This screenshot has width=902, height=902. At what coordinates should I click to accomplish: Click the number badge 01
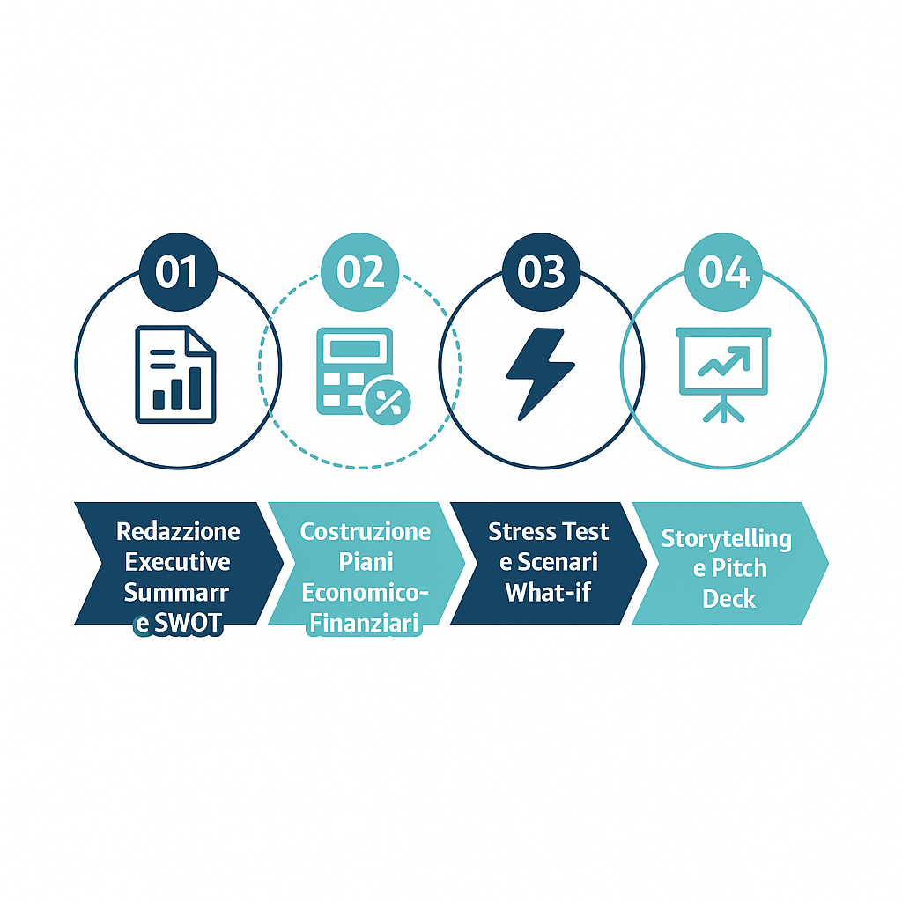(x=178, y=272)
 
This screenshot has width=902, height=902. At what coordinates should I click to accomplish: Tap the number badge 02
(x=360, y=272)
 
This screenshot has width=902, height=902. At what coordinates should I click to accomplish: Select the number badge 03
(x=542, y=272)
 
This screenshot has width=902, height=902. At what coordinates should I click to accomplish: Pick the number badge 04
(x=724, y=272)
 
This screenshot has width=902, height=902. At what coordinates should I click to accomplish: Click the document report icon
(x=175, y=374)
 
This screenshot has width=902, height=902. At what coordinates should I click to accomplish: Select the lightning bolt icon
(x=540, y=373)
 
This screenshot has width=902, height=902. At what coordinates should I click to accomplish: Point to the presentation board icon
(x=724, y=375)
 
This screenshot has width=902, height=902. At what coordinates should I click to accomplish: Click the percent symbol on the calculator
(x=388, y=402)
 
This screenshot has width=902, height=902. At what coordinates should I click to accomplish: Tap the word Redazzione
(x=178, y=531)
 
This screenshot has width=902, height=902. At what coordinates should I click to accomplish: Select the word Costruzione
(x=366, y=531)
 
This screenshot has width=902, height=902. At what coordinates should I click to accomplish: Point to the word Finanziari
(x=364, y=623)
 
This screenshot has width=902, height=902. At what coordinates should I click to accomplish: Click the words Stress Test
(x=548, y=531)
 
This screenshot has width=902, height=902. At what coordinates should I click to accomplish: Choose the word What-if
(x=548, y=592)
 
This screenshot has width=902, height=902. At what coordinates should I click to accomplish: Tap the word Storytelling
(x=727, y=539)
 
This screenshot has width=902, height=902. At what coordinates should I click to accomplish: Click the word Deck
(x=728, y=599)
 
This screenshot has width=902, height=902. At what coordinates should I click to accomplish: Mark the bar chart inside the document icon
(x=176, y=388)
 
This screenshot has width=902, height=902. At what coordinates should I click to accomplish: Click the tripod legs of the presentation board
(x=724, y=410)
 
